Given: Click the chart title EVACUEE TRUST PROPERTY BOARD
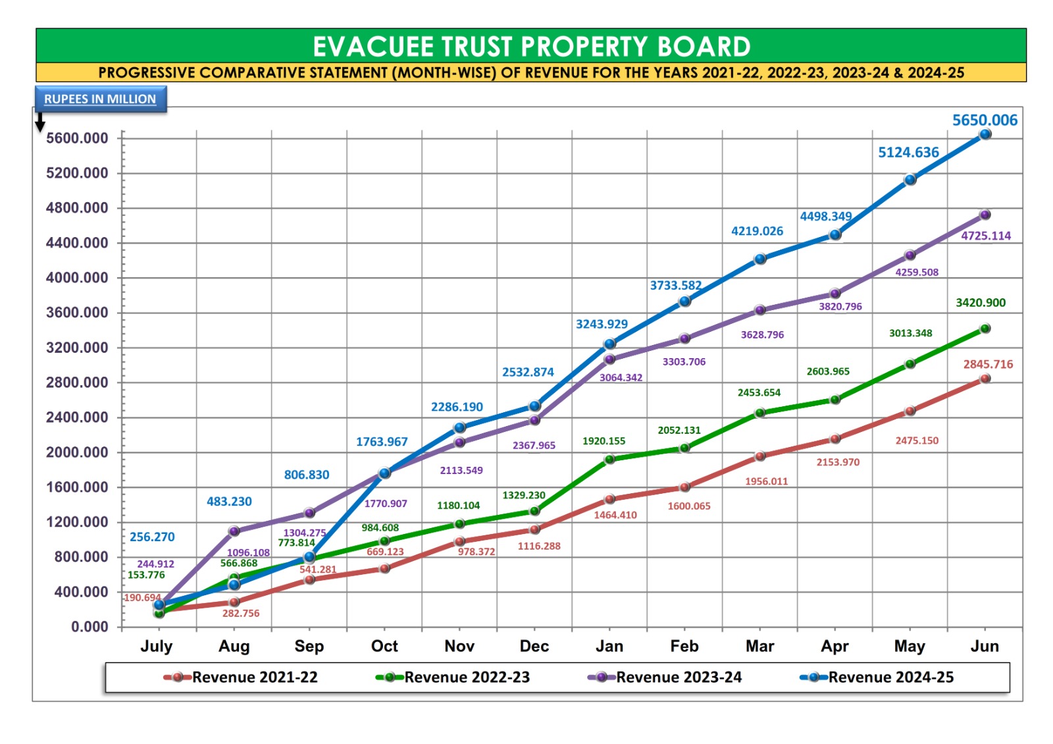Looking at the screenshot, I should tap(531, 46).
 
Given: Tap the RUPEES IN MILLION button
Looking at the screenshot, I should tap(100, 99).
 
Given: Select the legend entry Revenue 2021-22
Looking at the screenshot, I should tap(254, 678).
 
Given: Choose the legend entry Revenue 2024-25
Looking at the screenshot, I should tap(890, 678).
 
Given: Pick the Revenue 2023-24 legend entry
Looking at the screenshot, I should tap(678, 678).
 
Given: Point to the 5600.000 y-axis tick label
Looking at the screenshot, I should tap(77, 138).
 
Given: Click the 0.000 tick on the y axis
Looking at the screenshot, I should tap(90, 627).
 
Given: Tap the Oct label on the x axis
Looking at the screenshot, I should tap(384, 646).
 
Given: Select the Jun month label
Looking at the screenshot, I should tap(985, 646).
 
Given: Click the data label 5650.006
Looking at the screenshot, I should tap(985, 120).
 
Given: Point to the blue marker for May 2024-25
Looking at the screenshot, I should tap(910, 180).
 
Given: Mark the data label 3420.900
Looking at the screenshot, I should tap(981, 303).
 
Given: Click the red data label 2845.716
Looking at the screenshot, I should tap(988, 364).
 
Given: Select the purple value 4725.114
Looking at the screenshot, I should tap(986, 236).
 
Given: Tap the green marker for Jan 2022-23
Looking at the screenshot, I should tap(609, 459).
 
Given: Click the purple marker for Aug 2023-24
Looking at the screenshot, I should tap(234, 531).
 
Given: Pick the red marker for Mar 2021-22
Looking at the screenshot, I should tap(760, 456).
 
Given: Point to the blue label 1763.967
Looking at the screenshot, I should tap(382, 442).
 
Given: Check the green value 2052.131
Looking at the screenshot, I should tap(679, 430).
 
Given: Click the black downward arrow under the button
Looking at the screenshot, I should tap(40, 122).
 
